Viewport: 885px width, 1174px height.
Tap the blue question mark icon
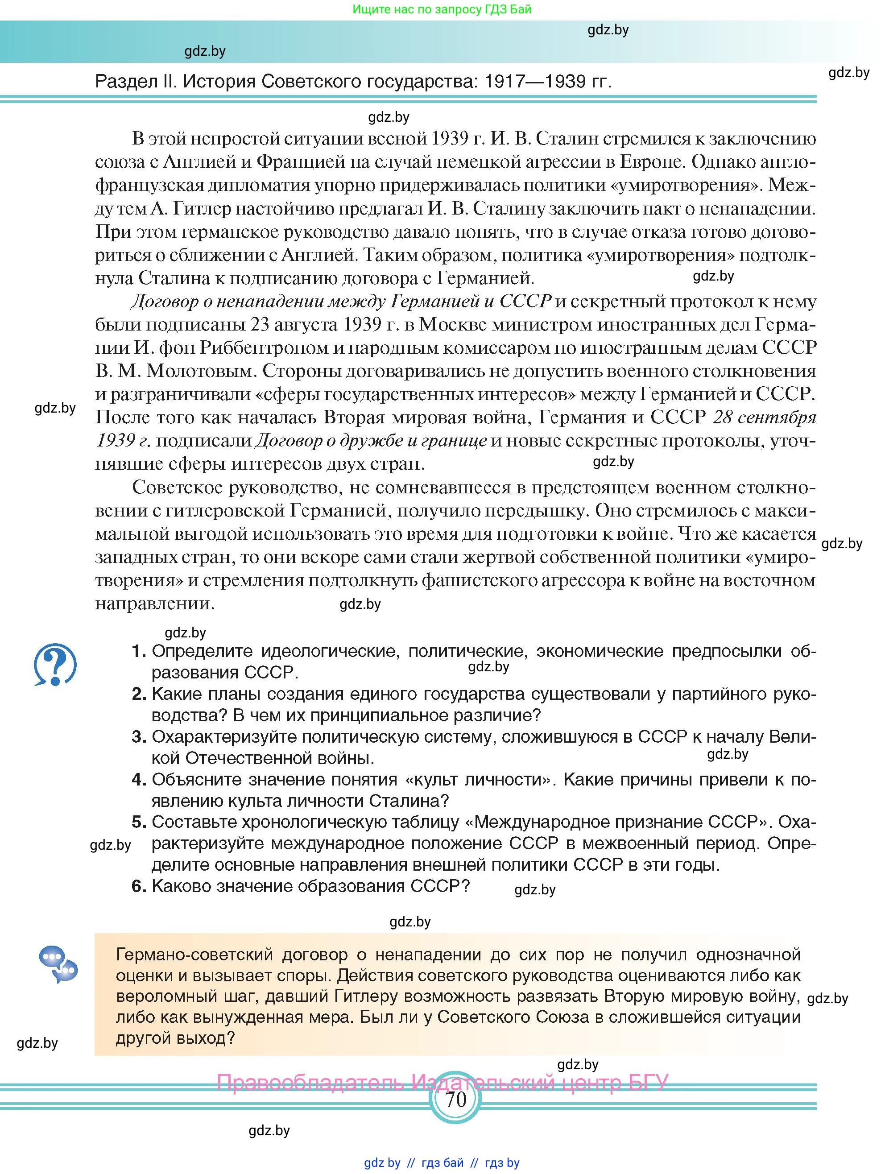click(x=55, y=665)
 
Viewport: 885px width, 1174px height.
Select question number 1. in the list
click(x=139, y=651)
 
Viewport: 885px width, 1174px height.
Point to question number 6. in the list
click(x=139, y=886)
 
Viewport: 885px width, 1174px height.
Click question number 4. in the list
click(x=139, y=780)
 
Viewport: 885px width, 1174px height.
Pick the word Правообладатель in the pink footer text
click(x=310, y=1082)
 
